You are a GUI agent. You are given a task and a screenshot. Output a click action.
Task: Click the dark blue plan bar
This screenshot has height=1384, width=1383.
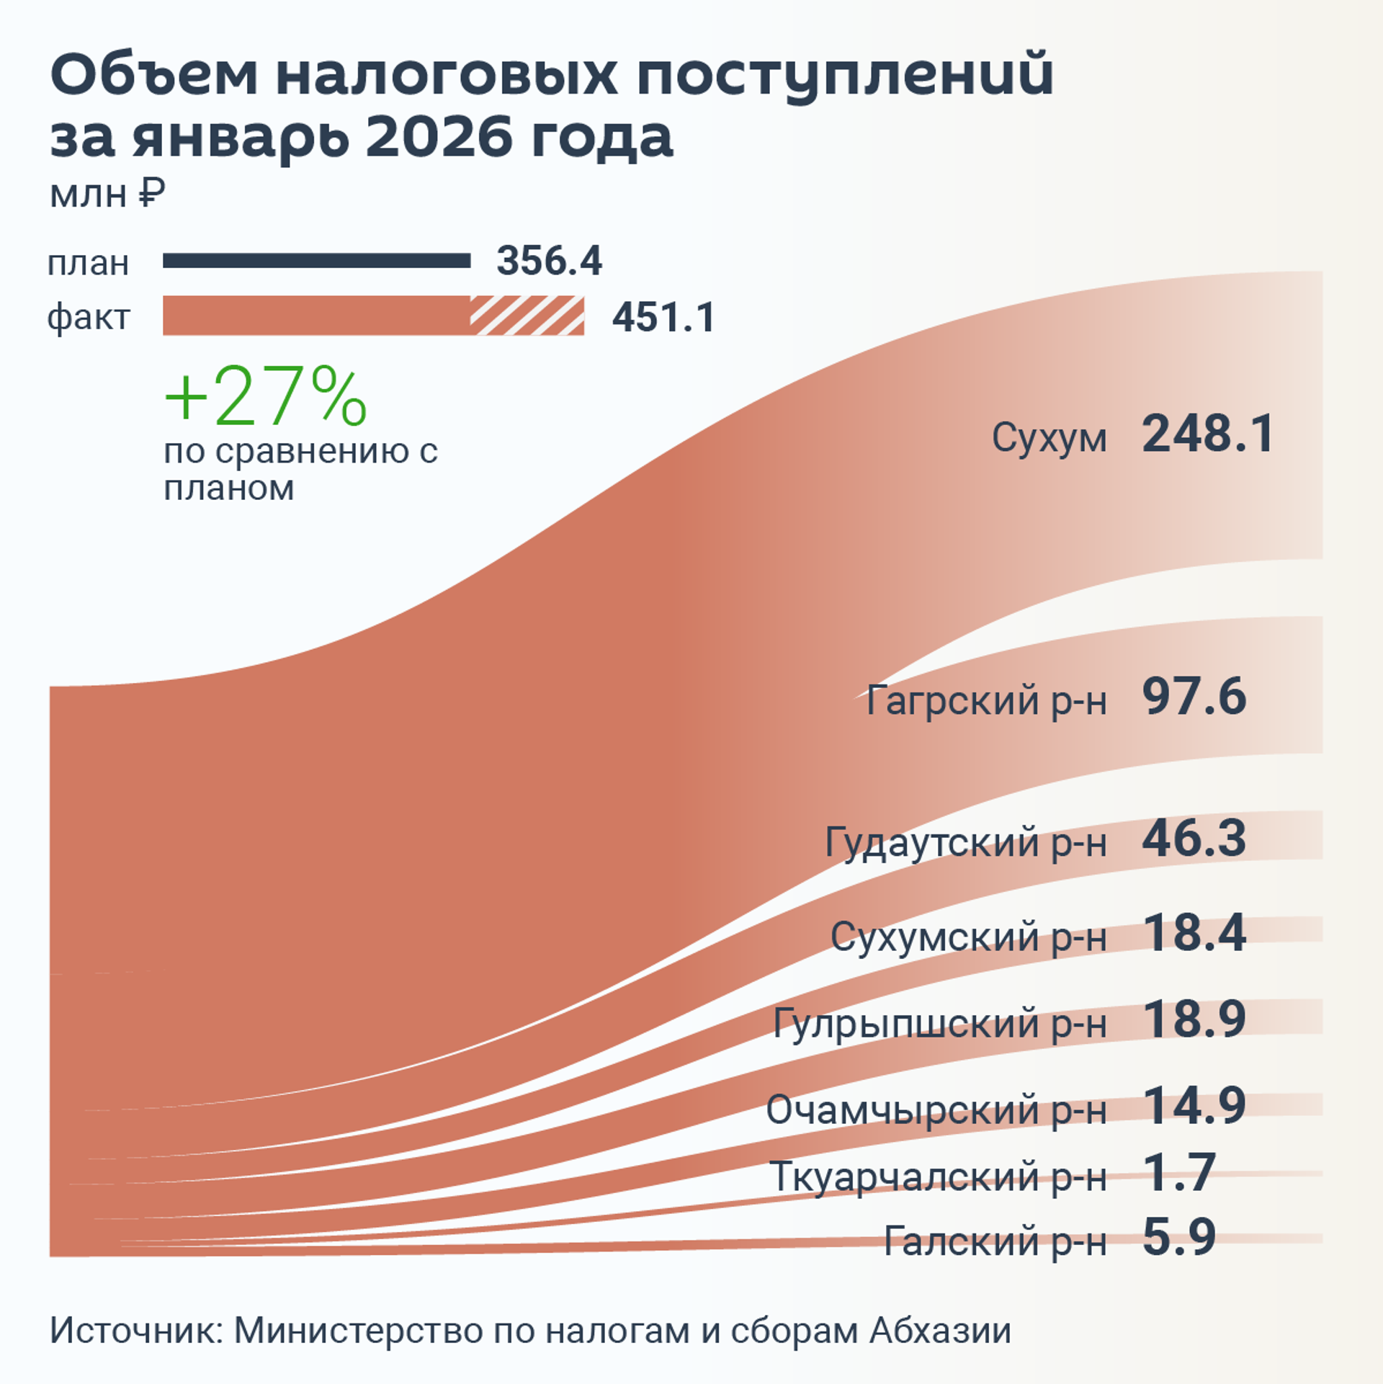click(316, 261)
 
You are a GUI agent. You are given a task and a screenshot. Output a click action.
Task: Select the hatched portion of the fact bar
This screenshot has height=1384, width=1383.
click(527, 316)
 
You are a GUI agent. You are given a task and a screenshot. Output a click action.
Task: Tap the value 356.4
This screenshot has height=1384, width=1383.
click(549, 261)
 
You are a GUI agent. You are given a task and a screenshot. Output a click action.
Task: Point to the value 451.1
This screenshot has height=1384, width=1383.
click(663, 317)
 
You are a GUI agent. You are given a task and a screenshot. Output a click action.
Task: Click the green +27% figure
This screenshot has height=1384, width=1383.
click(266, 397)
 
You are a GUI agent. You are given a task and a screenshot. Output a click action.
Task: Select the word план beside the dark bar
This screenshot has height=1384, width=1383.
click(88, 264)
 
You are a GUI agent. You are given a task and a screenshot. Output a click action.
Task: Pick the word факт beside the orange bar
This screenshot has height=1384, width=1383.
click(88, 317)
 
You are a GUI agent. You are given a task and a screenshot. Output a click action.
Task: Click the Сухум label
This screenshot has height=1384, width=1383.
click(1049, 437)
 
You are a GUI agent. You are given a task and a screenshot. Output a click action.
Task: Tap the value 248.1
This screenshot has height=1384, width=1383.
click(1208, 434)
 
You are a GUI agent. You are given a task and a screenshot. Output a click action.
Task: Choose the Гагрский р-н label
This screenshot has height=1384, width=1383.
click(986, 700)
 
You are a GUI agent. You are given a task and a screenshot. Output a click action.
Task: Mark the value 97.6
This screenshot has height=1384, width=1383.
click(1194, 697)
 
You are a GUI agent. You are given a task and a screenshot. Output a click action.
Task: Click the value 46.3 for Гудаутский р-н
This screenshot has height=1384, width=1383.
click(1194, 839)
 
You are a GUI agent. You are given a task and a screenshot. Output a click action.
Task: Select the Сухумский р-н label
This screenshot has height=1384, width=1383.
click(968, 937)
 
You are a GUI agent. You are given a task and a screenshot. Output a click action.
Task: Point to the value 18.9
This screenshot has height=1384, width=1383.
click(1194, 1019)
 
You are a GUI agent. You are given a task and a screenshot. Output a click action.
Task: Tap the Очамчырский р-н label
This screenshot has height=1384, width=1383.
click(936, 1110)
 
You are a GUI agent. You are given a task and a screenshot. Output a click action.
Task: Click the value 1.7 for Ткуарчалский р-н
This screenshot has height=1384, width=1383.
click(1179, 1173)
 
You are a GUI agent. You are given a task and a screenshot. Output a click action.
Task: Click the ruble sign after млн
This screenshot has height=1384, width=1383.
click(151, 193)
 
